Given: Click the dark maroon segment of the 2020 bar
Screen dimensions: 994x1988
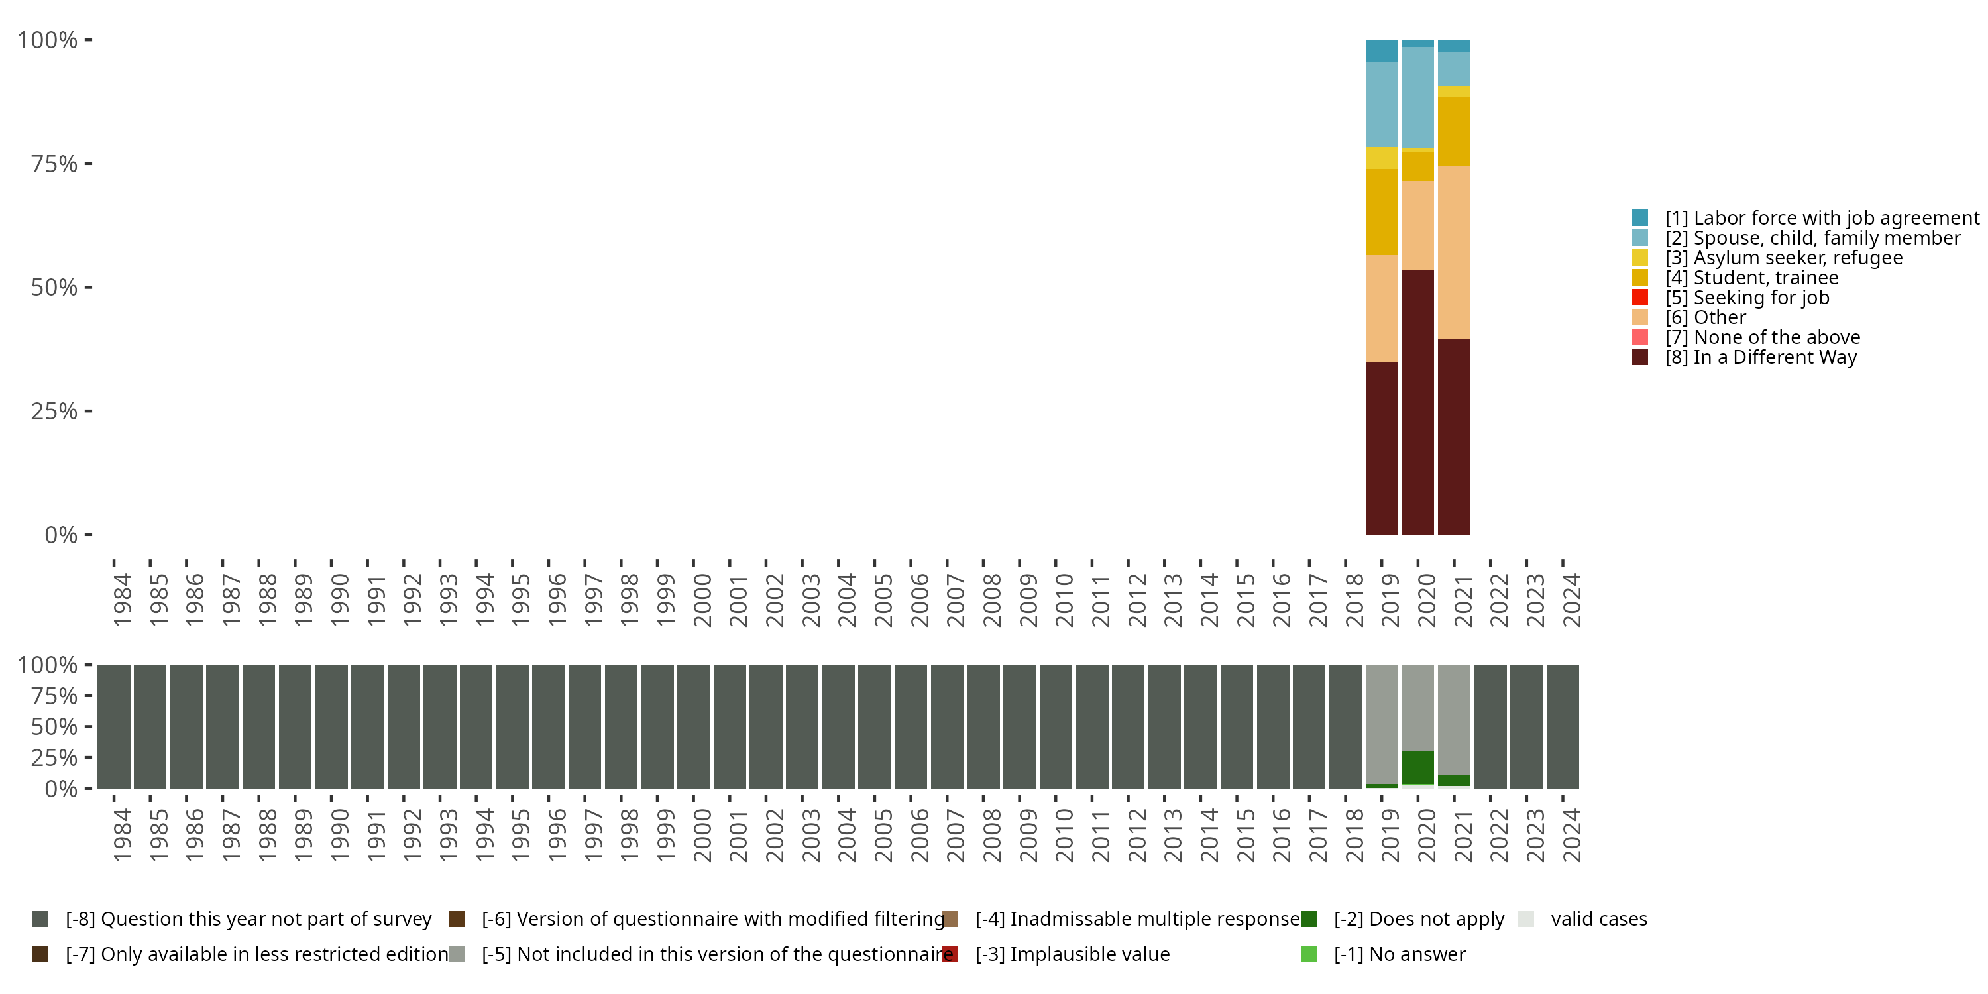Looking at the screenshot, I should coord(1417,402).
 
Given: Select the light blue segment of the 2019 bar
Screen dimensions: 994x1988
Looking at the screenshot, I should coord(1382,104).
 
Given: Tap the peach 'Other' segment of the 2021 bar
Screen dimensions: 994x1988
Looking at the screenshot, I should coord(1453,252).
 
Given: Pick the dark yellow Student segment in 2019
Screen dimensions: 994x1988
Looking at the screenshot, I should coord(1382,211).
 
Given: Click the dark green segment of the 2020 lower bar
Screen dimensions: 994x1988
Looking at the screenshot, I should coord(1417,767).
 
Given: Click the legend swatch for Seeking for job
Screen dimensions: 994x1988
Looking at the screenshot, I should coord(1640,297).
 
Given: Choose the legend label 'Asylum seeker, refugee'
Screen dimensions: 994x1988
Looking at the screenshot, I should coord(1783,258).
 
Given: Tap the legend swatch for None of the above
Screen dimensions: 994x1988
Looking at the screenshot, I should coord(1640,337).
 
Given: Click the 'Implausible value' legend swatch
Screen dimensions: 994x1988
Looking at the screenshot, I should coord(951,954).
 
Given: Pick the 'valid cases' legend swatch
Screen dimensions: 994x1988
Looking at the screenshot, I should coord(1525,919).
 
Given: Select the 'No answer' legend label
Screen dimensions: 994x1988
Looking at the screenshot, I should coord(1399,954).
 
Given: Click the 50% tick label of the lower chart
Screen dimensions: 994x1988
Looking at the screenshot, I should coord(54,726).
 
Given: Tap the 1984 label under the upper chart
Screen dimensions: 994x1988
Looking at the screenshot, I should coord(123,600).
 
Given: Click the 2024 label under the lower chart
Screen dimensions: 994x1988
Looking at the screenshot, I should coord(1571,835).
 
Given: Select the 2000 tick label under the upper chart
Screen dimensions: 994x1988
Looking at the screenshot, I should coord(702,600).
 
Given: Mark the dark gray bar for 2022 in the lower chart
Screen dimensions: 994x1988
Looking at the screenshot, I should coord(1490,726).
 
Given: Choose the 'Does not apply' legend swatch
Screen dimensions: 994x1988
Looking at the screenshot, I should coord(1309,919).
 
